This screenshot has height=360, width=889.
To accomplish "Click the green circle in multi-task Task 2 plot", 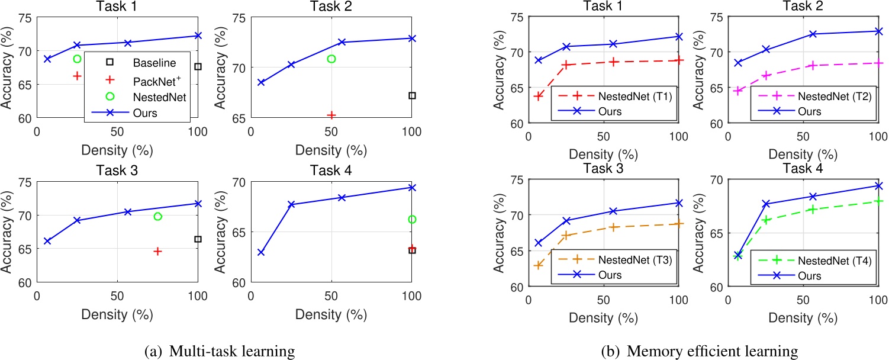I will pyautogui.click(x=331, y=59).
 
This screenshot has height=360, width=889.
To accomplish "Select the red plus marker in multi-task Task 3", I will pyautogui.click(x=157, y=251).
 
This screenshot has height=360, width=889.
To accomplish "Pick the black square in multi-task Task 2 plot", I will pyautogui.click(x=412, y=95).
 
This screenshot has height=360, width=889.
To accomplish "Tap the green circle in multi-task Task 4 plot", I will pyautogui.click(x=412, y=219).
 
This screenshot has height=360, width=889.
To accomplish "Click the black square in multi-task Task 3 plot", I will pyautogui.click(x=198, y=239).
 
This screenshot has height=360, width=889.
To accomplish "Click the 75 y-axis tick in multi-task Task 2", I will pyautogui.click(x=238, y=17).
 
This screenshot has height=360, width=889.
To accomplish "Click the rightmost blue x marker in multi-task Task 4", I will pyautogui.click(x=411, y=187).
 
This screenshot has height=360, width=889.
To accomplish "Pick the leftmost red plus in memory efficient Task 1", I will pyautogui.click(x=538, y=96).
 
